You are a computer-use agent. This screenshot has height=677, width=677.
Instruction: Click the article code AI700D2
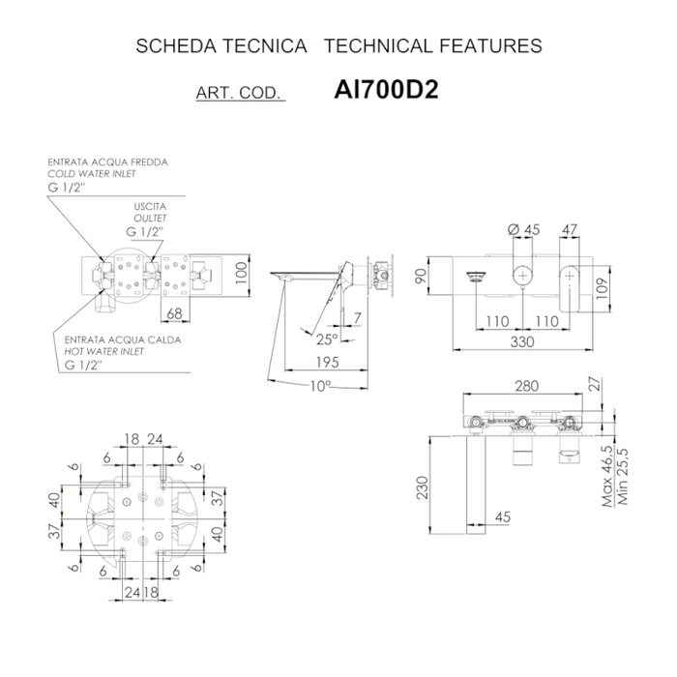385,90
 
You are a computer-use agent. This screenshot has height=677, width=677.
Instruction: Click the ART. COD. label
238,94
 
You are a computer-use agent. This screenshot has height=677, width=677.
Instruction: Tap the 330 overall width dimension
523,342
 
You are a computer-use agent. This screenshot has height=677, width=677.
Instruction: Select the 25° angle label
327,339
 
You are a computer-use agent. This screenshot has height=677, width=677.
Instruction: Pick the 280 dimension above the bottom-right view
526,387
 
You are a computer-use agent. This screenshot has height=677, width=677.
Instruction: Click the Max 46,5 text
606,477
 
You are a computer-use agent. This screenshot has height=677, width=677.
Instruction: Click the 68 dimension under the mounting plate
175,313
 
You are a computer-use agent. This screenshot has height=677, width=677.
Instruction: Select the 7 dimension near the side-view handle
357,318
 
